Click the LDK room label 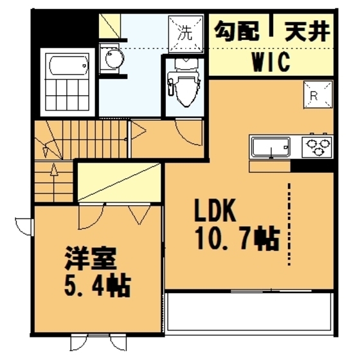pyautogui.click(x=217, y=212)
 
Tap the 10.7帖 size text pyautogui.click(x=235, y=239)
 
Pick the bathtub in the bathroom pyautogui.click(x=67, y=65)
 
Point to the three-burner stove pyautogui.click(x=318, y=147)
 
